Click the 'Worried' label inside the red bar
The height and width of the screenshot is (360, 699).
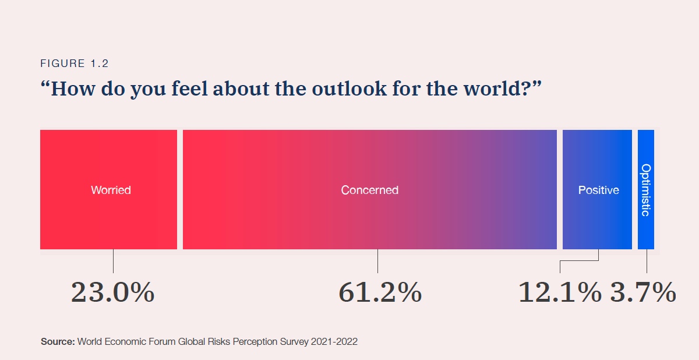pyautogui.click(x=111, y=190)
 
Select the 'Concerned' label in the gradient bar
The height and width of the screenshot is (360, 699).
pyautogui.click(x=370, y=190)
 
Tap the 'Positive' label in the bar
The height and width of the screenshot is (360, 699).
pyautogui.click(x=598, y=190)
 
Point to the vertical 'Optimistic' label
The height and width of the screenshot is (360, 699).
pyautogui.click(x=645, y=190)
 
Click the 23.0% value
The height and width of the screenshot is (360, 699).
pyautogui.click(x=113, y=292)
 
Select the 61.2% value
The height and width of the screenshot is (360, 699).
pyautogui.click(x=380, y=292)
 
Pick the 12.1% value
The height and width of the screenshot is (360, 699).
pyautogui.click(x=560, y=292)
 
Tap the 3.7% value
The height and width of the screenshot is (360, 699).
pyautogui.click(x=643, y=292)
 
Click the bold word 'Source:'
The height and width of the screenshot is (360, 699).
pyautogui.click(x=58, y=341)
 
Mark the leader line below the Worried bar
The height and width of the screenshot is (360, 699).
pyautogui.click(x=113, y=261)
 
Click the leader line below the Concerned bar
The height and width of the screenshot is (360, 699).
pyautogui.click(x=377, y=261)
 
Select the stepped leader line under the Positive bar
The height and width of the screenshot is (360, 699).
pyautogui.click(x=580, y=261)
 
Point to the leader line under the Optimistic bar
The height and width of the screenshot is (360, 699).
pyautogui.click(x=647, y=261)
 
